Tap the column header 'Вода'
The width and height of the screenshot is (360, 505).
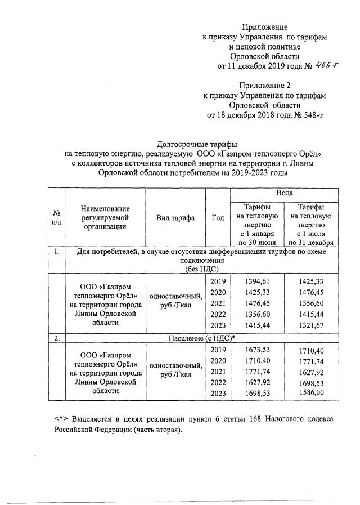284,193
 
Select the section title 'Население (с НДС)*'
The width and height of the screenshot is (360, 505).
201,339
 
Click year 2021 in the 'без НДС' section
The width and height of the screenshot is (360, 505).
217,303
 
